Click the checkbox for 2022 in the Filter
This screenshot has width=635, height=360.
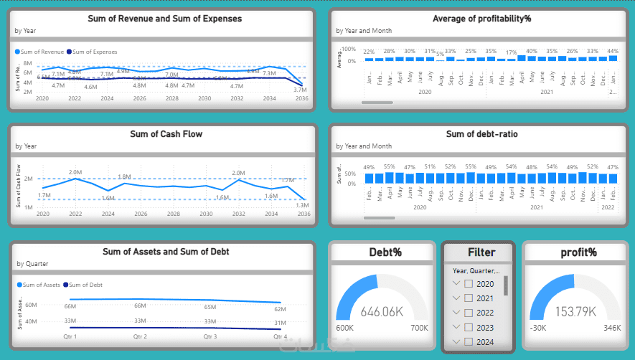[469, 313]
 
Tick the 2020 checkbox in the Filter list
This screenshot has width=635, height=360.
[469, 284]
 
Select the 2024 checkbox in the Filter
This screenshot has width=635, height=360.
[469, 341]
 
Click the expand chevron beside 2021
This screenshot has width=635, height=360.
[455, 298]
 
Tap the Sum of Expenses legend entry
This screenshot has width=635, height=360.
[92, 52]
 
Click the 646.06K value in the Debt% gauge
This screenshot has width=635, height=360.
[382, 312]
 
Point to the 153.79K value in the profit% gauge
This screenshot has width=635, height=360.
[575, 312]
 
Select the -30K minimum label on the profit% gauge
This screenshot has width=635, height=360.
[537, 328]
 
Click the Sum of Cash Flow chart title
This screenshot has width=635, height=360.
[166, 133]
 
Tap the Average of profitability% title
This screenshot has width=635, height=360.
[481, 18]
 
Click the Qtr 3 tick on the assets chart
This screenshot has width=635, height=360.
[210, 336]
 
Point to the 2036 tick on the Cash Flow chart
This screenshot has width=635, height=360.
[304, 214]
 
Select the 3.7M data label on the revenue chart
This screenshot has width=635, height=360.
[301, 90]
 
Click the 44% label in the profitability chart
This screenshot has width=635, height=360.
[612, 51]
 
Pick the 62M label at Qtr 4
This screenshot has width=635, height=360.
[280, 309]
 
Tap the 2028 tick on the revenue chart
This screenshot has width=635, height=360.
[172, 98]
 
